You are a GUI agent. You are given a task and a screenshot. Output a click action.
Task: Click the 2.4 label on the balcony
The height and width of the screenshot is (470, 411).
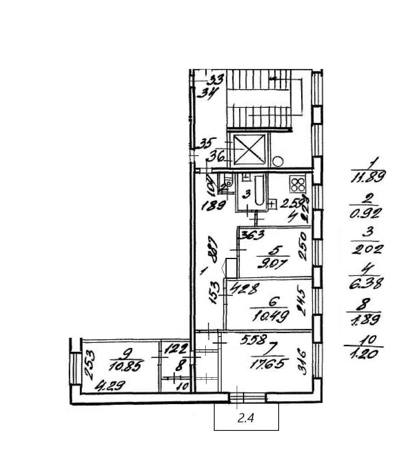point(246,418)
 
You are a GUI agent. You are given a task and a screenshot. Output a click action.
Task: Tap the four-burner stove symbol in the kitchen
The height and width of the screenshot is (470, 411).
point(298,184)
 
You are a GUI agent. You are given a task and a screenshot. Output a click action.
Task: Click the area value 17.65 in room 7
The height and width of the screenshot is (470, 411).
point(270,364)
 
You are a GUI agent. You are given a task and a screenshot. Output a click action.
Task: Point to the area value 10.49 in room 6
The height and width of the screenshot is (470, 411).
point(270,316)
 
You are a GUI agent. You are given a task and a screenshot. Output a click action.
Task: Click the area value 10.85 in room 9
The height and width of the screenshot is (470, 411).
point(127,365)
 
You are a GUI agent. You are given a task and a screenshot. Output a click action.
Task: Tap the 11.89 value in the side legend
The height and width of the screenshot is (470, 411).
point(368,178)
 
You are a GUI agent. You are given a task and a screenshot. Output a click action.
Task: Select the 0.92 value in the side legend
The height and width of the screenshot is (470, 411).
point(366,213)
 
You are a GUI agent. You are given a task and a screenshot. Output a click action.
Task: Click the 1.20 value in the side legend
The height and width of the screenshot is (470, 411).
point(364,354)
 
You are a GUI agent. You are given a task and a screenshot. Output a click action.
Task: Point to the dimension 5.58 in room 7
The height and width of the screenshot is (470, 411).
point(254,340)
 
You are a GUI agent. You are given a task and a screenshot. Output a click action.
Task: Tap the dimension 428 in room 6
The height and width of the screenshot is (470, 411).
point(244,289)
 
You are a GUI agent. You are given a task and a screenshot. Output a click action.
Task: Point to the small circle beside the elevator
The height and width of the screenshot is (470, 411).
point(278,161)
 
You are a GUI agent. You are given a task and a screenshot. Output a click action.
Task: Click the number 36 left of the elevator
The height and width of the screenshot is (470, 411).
point(217,157)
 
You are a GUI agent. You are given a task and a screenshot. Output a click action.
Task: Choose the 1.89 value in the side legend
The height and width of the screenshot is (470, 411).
point(366,319)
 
